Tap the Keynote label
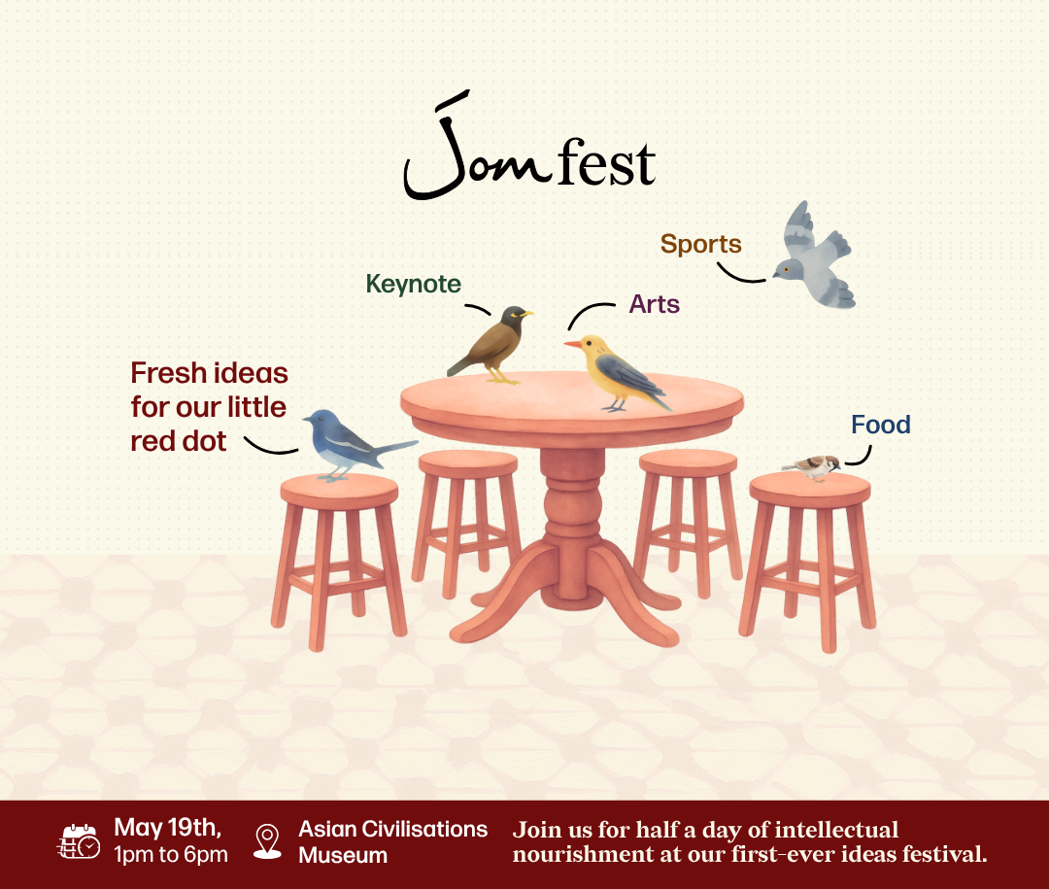pyautogui.click(x=413, y=284)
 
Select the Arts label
pyautogui.click(x=654, y=304)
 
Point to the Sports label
pyautogui.click(x=700, y=244)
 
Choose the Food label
pyautogui.click(x=880, y=425)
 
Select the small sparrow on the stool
pyautogui.click(x=814, y=466)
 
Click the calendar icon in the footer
pyautogui.click(x=79, y=841)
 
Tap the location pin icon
pyautogui.click(x=266, y=840)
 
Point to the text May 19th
pyautogui.click(x=167, y=828)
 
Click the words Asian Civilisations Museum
pyautogui.click(x=392, y=841)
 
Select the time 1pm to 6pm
pyautogui.click(x=171, y=855)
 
